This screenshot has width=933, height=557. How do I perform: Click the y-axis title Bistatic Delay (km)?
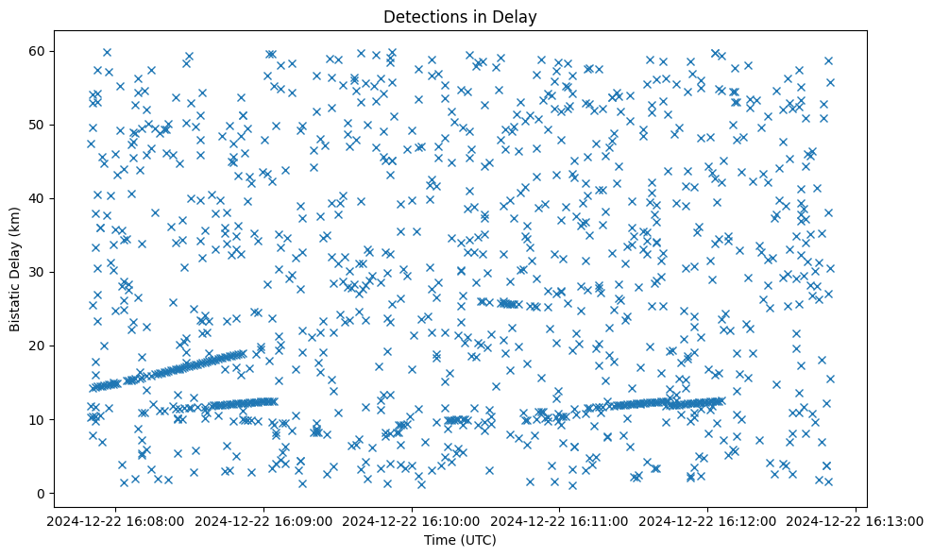(x=16, y=268)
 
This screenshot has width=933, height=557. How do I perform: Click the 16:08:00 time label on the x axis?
(x=115, y=520)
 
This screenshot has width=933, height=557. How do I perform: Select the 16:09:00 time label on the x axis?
(x=263, y=520)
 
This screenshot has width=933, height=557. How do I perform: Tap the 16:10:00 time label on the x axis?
(x=412, y=520)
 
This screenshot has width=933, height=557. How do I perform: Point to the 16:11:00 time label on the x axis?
(x=559, y=520)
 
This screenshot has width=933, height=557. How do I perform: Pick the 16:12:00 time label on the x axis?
(x=707, y=520)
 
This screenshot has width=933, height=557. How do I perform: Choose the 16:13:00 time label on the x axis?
(x=856, y=520)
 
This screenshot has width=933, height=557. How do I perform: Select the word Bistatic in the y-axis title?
(x=16, y=303)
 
